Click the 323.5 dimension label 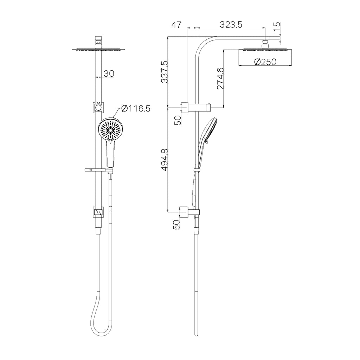pyautogui.click(x=231, y=24)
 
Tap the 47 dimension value pyautogui.click(x=176, y=25)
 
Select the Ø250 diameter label pyautogui.click(x=265, y=62)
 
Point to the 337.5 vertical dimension pyautogui.click(x=165, y=72)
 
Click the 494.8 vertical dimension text pyautogui.click(x=165, y=160)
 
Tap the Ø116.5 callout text pyautogui.click(x=135, y=108)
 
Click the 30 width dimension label pyautogui.click(x=109, y=74)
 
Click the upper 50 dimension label pyautogui.click(x=178, y=120)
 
